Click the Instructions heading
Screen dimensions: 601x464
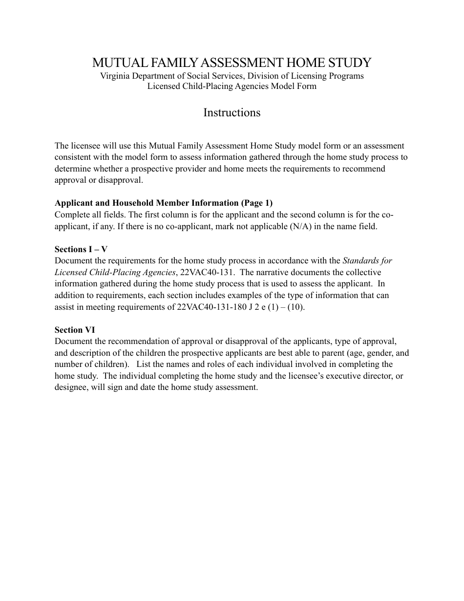click(232, 112)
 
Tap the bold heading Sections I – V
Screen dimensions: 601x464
click(81, 249)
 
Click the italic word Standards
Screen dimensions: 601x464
click(361, 260)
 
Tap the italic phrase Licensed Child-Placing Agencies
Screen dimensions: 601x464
click(115, 272)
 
